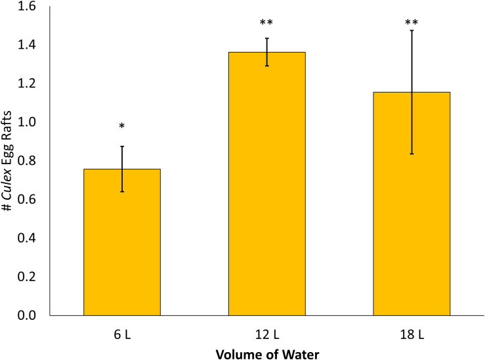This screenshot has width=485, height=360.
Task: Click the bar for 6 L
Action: click(x=122, y=243)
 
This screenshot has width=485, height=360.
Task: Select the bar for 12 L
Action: click(x=266, y=184)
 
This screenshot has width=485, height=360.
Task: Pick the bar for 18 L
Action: click(x=411, y=204)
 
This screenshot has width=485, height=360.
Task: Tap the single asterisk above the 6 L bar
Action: click(x=122, y=127)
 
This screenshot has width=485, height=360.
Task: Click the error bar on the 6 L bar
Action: click(x=122, y=169)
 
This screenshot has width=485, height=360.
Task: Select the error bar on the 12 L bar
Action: click(x=266, y=52)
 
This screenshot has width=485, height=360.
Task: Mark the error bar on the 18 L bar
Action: click(x=411, y=92)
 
